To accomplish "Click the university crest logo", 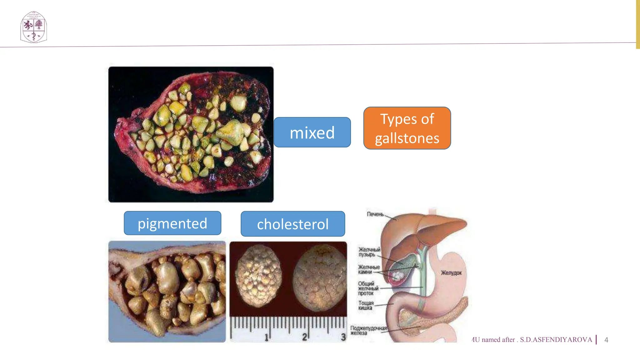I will click(33, 27).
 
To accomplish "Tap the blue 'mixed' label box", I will click(312, 132).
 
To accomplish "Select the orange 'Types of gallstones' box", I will click(407, 128).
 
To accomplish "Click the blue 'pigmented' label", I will click(172, 223).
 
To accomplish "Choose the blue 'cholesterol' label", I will click(293, 224).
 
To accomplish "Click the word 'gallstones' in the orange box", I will click(407, 138).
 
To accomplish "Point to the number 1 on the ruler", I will click(266, 337).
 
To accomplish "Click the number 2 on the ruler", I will click(304, 337).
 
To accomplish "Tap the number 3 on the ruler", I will click(343, 337).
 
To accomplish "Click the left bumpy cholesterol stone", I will click(258, 276).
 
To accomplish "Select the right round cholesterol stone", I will click(319, 277).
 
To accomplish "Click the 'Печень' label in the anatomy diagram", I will click(375, 214).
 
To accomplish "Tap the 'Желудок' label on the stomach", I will click(451, 273).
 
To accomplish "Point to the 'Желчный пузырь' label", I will click(369, 252).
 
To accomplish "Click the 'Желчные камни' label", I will click(369, 269).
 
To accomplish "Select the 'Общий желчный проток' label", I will click(368, 288).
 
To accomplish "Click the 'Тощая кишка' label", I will click(366, 305).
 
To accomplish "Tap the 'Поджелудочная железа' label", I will click(368, 330).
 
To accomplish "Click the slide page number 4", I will click(606, 340).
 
